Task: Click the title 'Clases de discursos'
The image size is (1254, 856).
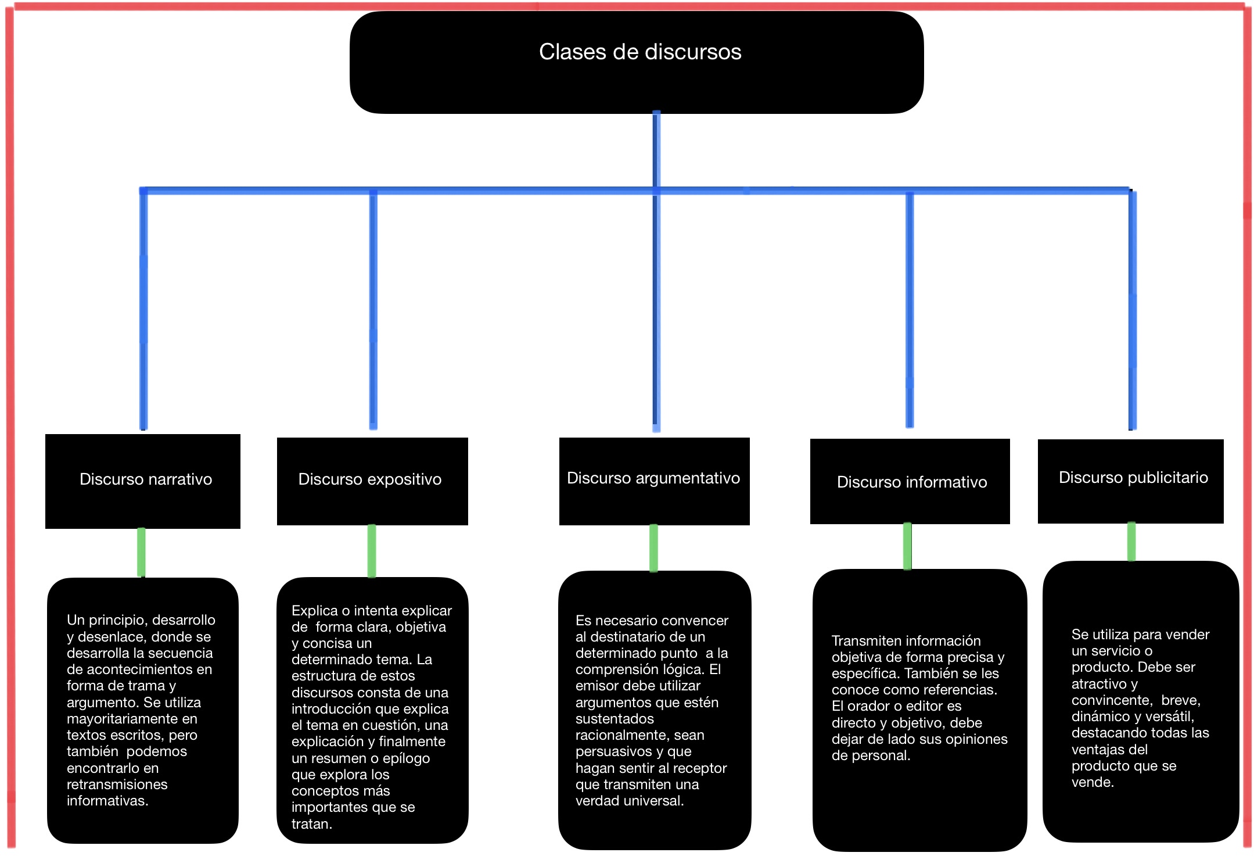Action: (x=640, y=52)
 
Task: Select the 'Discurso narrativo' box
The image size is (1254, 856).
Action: (x=143, y=481)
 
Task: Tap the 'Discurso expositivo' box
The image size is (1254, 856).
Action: (x=372, y=481)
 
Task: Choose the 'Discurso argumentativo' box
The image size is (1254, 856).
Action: (x=655, y=481)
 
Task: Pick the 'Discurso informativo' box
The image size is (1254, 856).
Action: (x=910, y=481)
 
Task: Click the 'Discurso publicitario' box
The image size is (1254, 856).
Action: (x=1131, y=481)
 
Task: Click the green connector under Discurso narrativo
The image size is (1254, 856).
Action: (x=141, y=553)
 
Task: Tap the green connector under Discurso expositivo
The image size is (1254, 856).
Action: (x=372, y=551)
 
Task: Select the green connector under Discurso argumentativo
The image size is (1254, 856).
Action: (x=653, y=548)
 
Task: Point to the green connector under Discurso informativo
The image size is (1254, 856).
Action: (x=907, y=546)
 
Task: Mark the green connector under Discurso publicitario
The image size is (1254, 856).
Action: (x=1131, y=542)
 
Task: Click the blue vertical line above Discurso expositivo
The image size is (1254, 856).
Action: (x=373, y=310)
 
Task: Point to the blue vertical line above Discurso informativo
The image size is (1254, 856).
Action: (x=910, y=310)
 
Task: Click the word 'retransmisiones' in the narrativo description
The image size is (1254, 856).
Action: (x=117, y=784)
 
